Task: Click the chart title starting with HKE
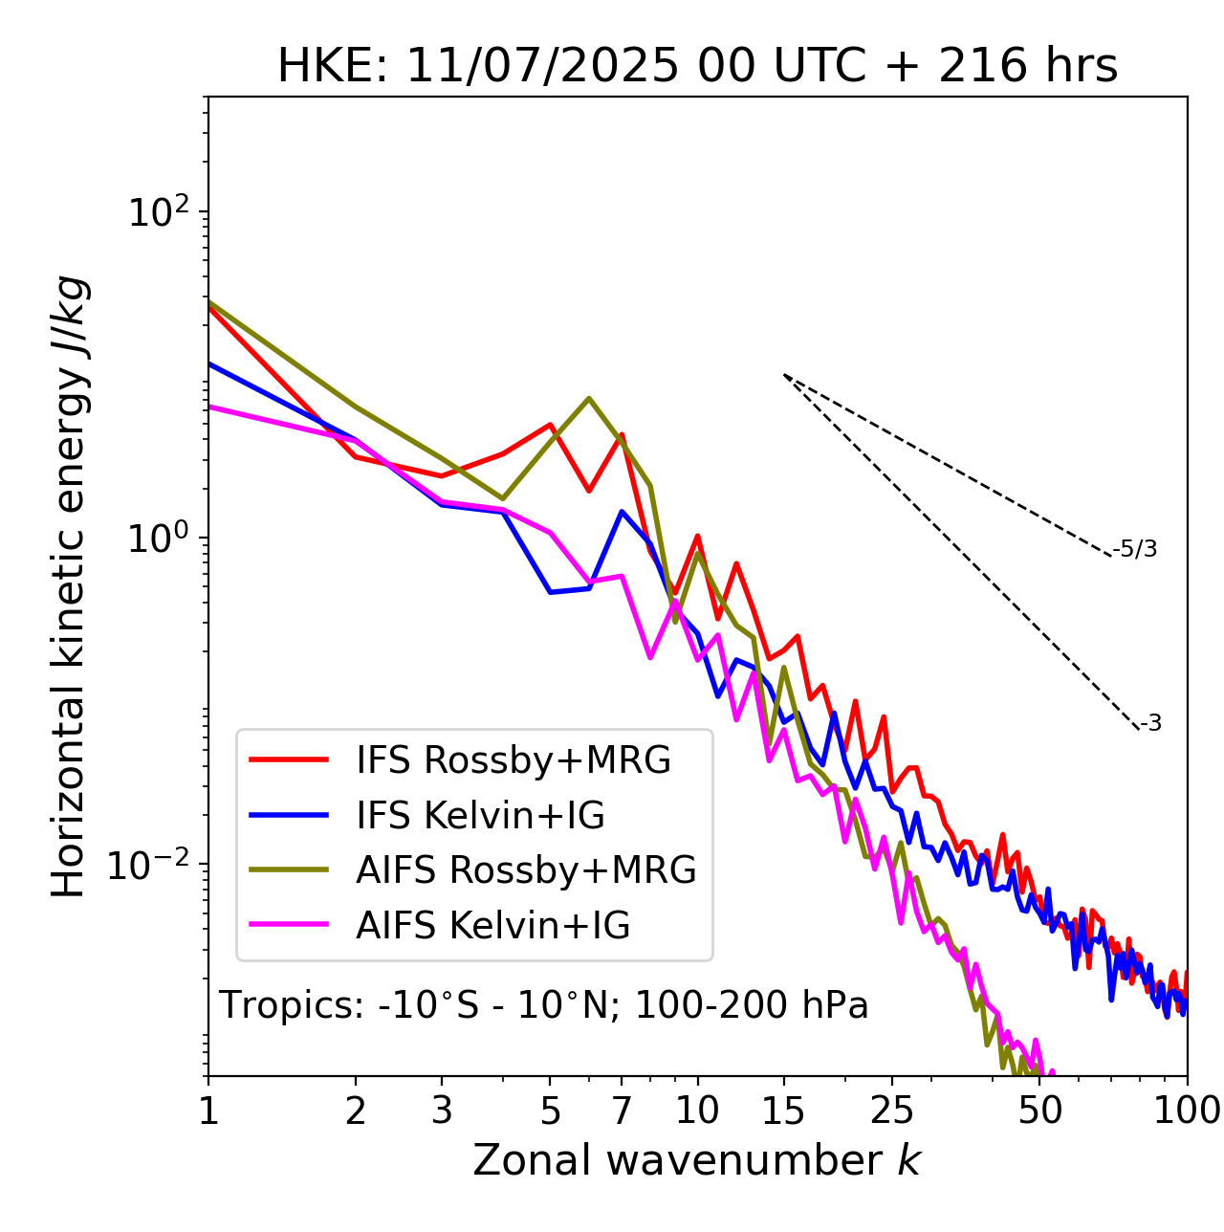tap(697, 66)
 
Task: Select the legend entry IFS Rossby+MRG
tap(514, 760)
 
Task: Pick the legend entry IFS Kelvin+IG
tap(480, 816)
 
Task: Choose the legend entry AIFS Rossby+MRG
tap(526, 870)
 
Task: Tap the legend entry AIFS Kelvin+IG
tap(492, 926)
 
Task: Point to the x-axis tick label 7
tap(622, 1110)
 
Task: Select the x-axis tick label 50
tap(1039, 1110)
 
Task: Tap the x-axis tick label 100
tap(1187, 1110)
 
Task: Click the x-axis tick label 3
tap(441, 1110)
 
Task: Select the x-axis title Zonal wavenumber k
tap(697, 1160)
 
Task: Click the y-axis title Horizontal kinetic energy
tap(70, 586)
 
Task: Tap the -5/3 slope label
tap(1135, 549)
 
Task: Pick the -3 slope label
tap(1150, 724)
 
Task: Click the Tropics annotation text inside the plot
tap(544, 1005)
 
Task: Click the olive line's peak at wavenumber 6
tap(589, 398)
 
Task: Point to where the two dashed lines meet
tap(784, 375)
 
